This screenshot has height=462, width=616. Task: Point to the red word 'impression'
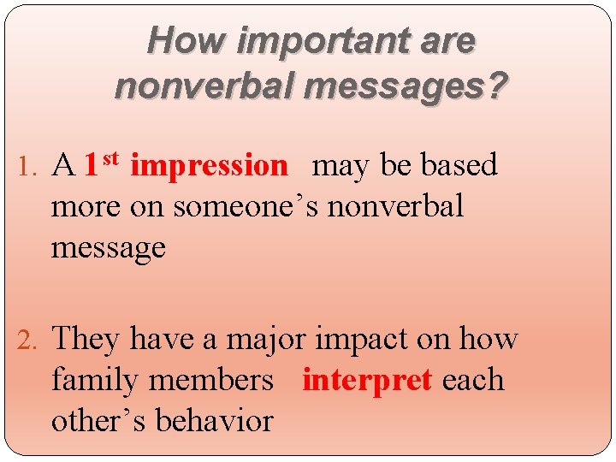209,166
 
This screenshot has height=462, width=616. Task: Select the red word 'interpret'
367,381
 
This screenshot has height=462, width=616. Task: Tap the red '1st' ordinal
104,163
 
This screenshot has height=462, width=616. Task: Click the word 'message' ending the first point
108,250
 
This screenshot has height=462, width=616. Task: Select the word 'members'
220,381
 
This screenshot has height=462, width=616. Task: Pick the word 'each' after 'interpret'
473,381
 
